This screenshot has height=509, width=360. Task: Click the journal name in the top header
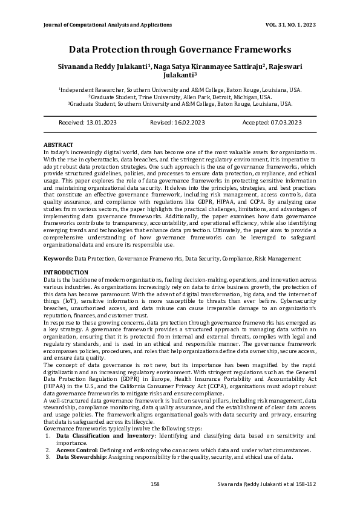108,25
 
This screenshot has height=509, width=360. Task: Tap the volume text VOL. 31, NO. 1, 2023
283,25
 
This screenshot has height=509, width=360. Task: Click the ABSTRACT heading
59,145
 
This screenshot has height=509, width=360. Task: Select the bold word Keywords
58,258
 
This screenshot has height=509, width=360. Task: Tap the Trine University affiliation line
180,97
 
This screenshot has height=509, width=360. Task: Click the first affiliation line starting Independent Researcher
180,89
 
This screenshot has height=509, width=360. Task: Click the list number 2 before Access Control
48,450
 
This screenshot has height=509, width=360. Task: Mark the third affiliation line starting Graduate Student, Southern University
180,104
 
